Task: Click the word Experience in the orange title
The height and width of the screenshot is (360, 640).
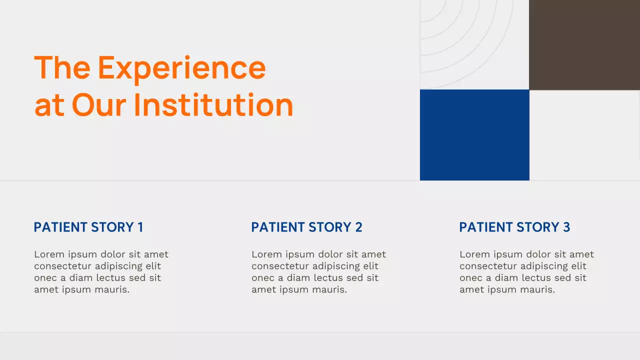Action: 181,67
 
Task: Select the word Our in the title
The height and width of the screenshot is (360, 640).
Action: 99,105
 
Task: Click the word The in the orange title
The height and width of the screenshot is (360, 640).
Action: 62,67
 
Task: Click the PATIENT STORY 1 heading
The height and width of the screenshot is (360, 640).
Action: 88,227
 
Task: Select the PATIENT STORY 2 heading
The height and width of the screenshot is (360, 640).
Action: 306,227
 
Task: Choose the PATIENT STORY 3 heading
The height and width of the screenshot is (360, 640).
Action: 514,227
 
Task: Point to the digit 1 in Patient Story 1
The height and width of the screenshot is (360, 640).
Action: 140,227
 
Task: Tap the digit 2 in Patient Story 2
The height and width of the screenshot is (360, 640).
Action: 358,227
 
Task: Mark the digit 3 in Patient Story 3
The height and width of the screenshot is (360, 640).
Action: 566,227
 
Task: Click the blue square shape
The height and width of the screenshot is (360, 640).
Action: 474,135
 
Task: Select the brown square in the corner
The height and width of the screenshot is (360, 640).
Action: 584,45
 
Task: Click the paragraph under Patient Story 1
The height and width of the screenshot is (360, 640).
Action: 101,272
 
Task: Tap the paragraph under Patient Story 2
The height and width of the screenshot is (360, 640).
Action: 318,272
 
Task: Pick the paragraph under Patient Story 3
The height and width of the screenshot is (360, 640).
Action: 526,272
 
